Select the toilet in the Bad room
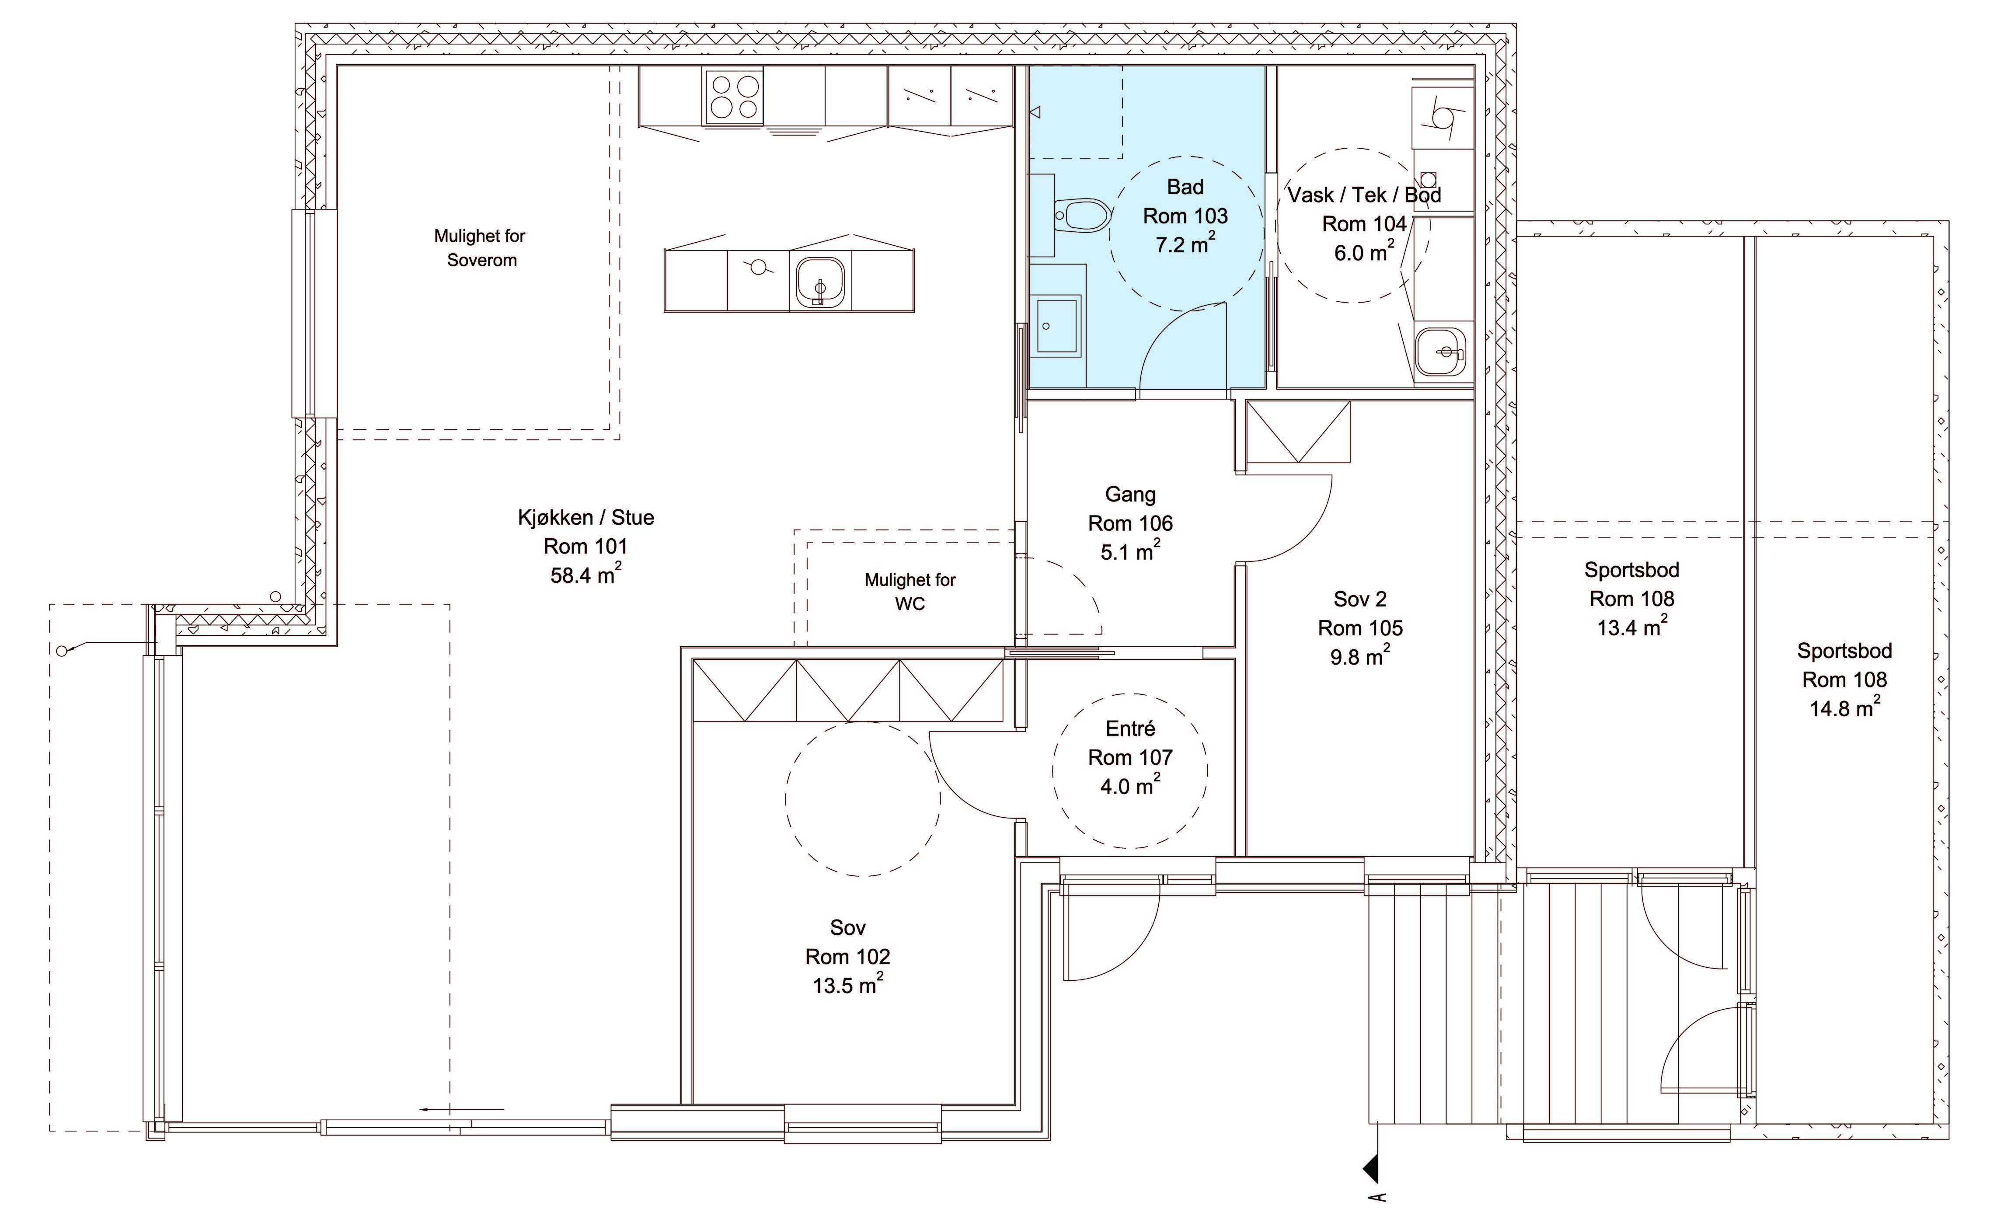tap(1083, 216)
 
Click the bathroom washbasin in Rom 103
tap(1058, 325)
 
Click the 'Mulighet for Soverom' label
tap(480, 248)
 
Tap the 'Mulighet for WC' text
tap(910, 592)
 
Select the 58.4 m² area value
tap(586, 574)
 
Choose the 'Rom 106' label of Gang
tap(1130, 523)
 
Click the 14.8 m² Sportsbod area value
tap(1844, 708)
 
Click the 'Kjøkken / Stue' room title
tap(586, 517)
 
